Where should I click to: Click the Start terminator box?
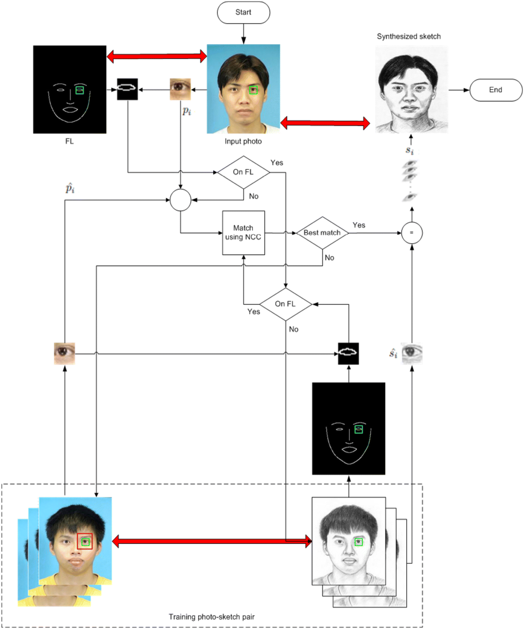coord(243,13)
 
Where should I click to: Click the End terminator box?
coord(495,90)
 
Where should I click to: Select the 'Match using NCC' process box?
coord(243,233)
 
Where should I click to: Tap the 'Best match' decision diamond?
coord(322,233)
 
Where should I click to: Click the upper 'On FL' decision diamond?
coord(243,172)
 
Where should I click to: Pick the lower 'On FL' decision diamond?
coord(286,304)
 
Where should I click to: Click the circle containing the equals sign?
coord(411,233)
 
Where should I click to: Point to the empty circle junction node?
coord(180,200)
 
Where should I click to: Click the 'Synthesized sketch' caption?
coord(408,36)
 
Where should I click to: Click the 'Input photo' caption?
coord(243,141)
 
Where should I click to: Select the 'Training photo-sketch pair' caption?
coord(212,617)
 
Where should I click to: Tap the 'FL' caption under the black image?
coord(69,141)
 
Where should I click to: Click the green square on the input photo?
coord(253,90)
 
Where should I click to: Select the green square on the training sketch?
coord(358,542)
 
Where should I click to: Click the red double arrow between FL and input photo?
coord(157,56)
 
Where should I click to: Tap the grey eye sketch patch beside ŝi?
coord(412,354)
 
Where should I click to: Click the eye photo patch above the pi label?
coord(180,89)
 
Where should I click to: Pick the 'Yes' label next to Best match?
coord(359,225)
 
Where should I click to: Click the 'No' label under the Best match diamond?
coord(329,258)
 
